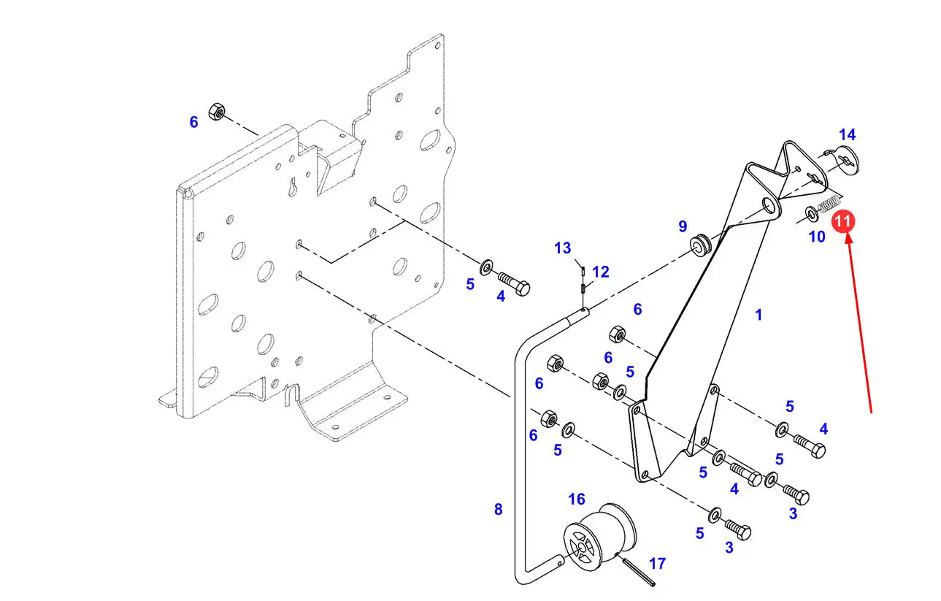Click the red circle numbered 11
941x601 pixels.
coord(843,221)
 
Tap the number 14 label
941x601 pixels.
coord(847,135)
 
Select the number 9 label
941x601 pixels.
coord(683,226)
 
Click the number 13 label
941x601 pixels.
coord(562,248)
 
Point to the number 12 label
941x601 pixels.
coord(600,272)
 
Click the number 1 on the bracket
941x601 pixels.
coord(758,315)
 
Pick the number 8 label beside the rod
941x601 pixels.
coord(498,509)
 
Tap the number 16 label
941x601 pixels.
coord(577,499)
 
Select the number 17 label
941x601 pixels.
coord(657,564)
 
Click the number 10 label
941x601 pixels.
coord(816,237)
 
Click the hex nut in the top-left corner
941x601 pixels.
coord(216,112)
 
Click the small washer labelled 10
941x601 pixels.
coord(812,214)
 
